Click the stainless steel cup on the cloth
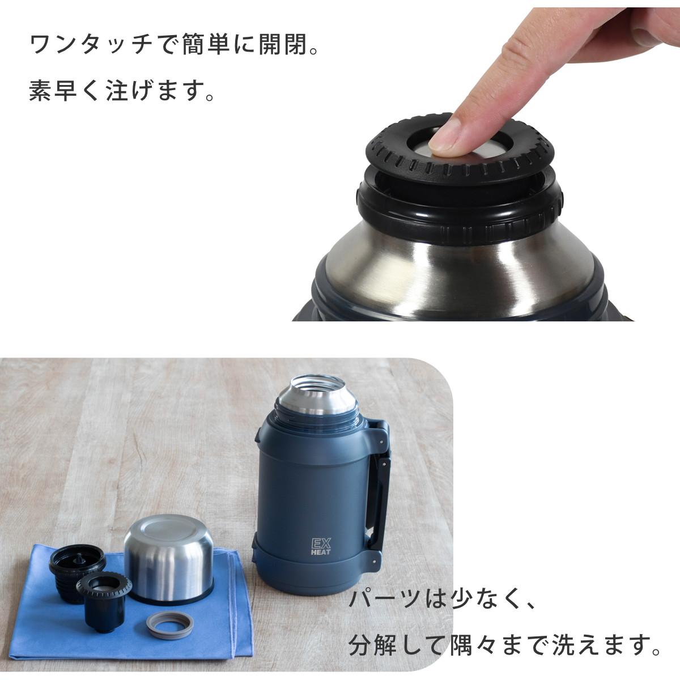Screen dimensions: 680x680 click(168, 558)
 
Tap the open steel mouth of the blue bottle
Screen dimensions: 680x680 click(316, 390)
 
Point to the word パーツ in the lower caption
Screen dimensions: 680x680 click(385, 600)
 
